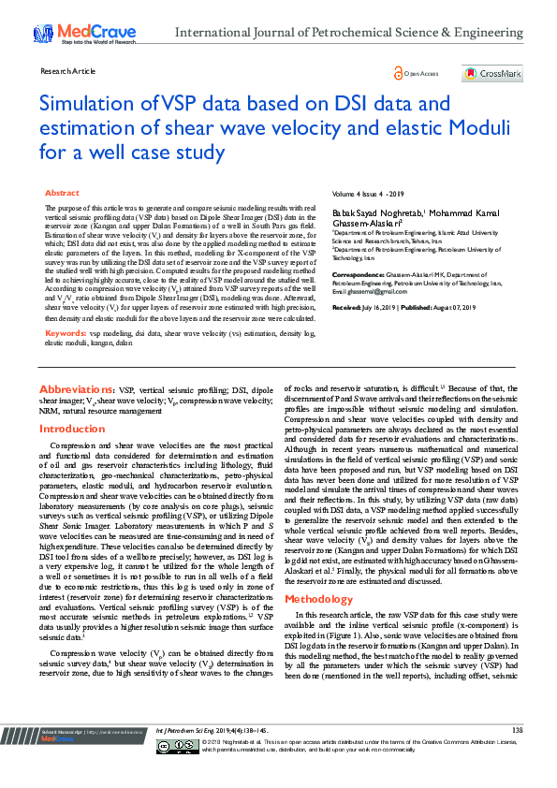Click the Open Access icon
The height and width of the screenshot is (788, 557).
[417, 73]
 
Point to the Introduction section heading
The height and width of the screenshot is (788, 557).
[72, 429]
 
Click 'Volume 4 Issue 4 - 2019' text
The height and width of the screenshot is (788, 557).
[368, 193]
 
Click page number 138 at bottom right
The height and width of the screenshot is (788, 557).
[517, 755]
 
